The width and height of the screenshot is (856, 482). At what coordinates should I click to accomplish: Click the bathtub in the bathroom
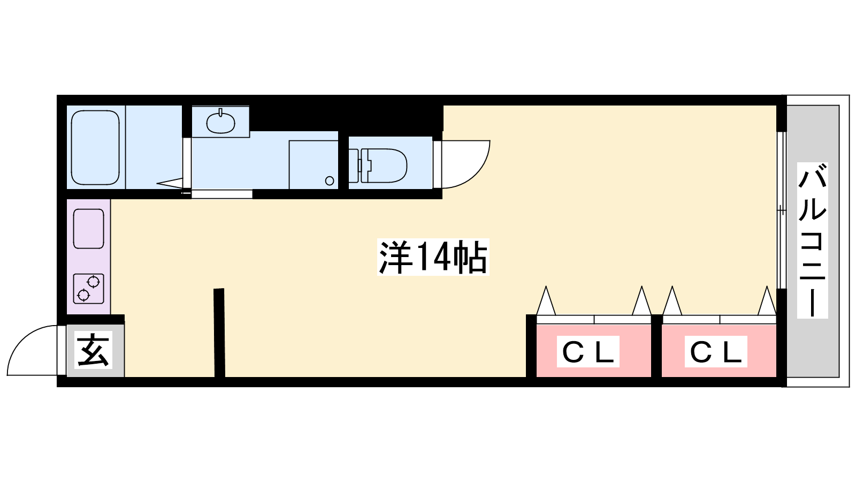tap(96, 147)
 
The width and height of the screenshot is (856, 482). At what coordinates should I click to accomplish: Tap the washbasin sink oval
tap(220, 123)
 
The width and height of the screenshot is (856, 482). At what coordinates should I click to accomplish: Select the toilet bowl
tap(384, 165)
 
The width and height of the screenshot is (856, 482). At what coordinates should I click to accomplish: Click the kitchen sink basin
tap(89, 229)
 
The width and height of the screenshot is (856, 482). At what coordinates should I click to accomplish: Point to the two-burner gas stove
tap(89, 289)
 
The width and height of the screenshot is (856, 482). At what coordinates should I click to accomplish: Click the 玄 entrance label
tap(93, 350)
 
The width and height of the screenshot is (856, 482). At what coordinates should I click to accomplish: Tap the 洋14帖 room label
tap(433, 257)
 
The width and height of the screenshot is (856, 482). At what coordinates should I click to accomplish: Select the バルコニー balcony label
tap(813, 240)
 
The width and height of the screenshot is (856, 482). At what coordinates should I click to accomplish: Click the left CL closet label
tap(588, 351)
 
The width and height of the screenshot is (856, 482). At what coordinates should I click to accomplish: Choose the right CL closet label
tap(716, 351)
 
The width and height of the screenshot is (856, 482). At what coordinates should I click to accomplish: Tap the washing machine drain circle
tap(330, 180)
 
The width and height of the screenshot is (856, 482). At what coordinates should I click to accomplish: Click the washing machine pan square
tap(314, 165)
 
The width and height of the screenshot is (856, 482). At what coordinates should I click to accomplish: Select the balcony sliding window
tap(782, 210)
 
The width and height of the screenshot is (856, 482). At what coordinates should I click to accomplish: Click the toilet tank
tap(354, 165)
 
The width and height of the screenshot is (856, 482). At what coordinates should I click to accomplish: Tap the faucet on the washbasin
tap(220, 112)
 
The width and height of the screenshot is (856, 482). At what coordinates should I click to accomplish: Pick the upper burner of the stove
tap(93, 282)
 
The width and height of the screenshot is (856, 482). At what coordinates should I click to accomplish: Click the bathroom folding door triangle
tap(169, 184)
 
